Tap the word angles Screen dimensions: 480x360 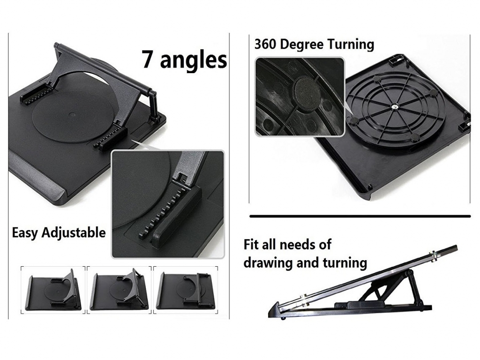[194, 60]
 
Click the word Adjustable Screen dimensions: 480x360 [74, 233]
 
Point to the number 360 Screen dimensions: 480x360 [265, 45]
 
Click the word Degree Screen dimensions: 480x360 [302, 45]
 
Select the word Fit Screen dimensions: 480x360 [252, 245]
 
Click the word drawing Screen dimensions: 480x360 [266, 262]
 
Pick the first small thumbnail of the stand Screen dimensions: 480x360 [53, 290]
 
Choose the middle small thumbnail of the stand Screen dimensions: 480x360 [119, 290]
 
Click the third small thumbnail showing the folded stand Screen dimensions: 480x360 [186, 290]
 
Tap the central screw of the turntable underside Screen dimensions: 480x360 [395, 107]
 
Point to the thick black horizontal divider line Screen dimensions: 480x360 [360, 217]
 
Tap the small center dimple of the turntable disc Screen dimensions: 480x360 [72, 115]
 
